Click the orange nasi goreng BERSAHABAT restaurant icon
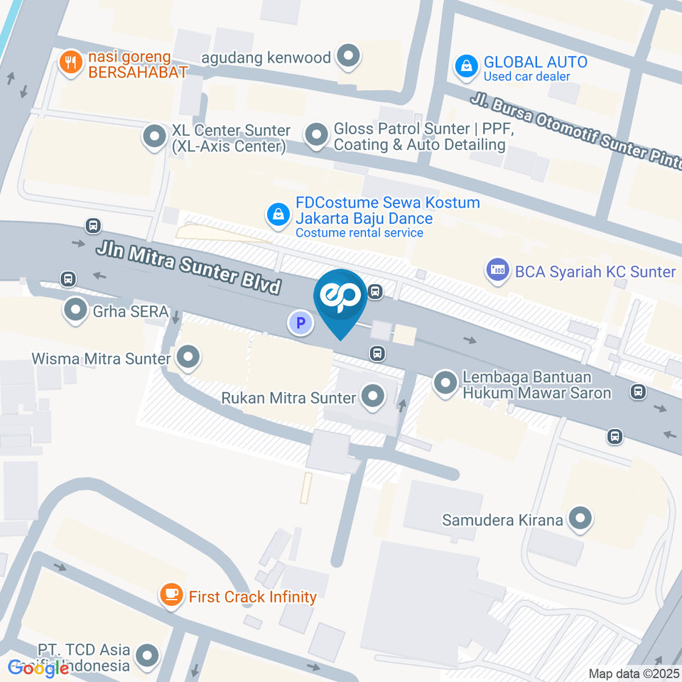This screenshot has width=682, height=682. point(70,62)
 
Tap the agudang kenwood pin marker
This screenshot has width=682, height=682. point(348,56)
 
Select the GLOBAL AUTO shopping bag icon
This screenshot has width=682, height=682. point(465,67)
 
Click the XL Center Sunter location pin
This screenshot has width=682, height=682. point(153,136)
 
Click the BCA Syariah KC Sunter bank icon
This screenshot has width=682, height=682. point(497,270)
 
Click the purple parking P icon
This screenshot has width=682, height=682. point(301,323)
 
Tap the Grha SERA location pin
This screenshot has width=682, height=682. point(75,310)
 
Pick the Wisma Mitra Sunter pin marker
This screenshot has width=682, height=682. point(188,357)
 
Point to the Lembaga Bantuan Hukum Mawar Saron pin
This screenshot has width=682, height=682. point(445,381)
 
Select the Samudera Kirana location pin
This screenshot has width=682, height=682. point(580,519)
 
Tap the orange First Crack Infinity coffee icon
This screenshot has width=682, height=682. point(170,595)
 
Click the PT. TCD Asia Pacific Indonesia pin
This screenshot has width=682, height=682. point(148,656)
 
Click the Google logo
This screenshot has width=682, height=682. point(38,668)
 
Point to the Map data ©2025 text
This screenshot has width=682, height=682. point(634,673)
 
